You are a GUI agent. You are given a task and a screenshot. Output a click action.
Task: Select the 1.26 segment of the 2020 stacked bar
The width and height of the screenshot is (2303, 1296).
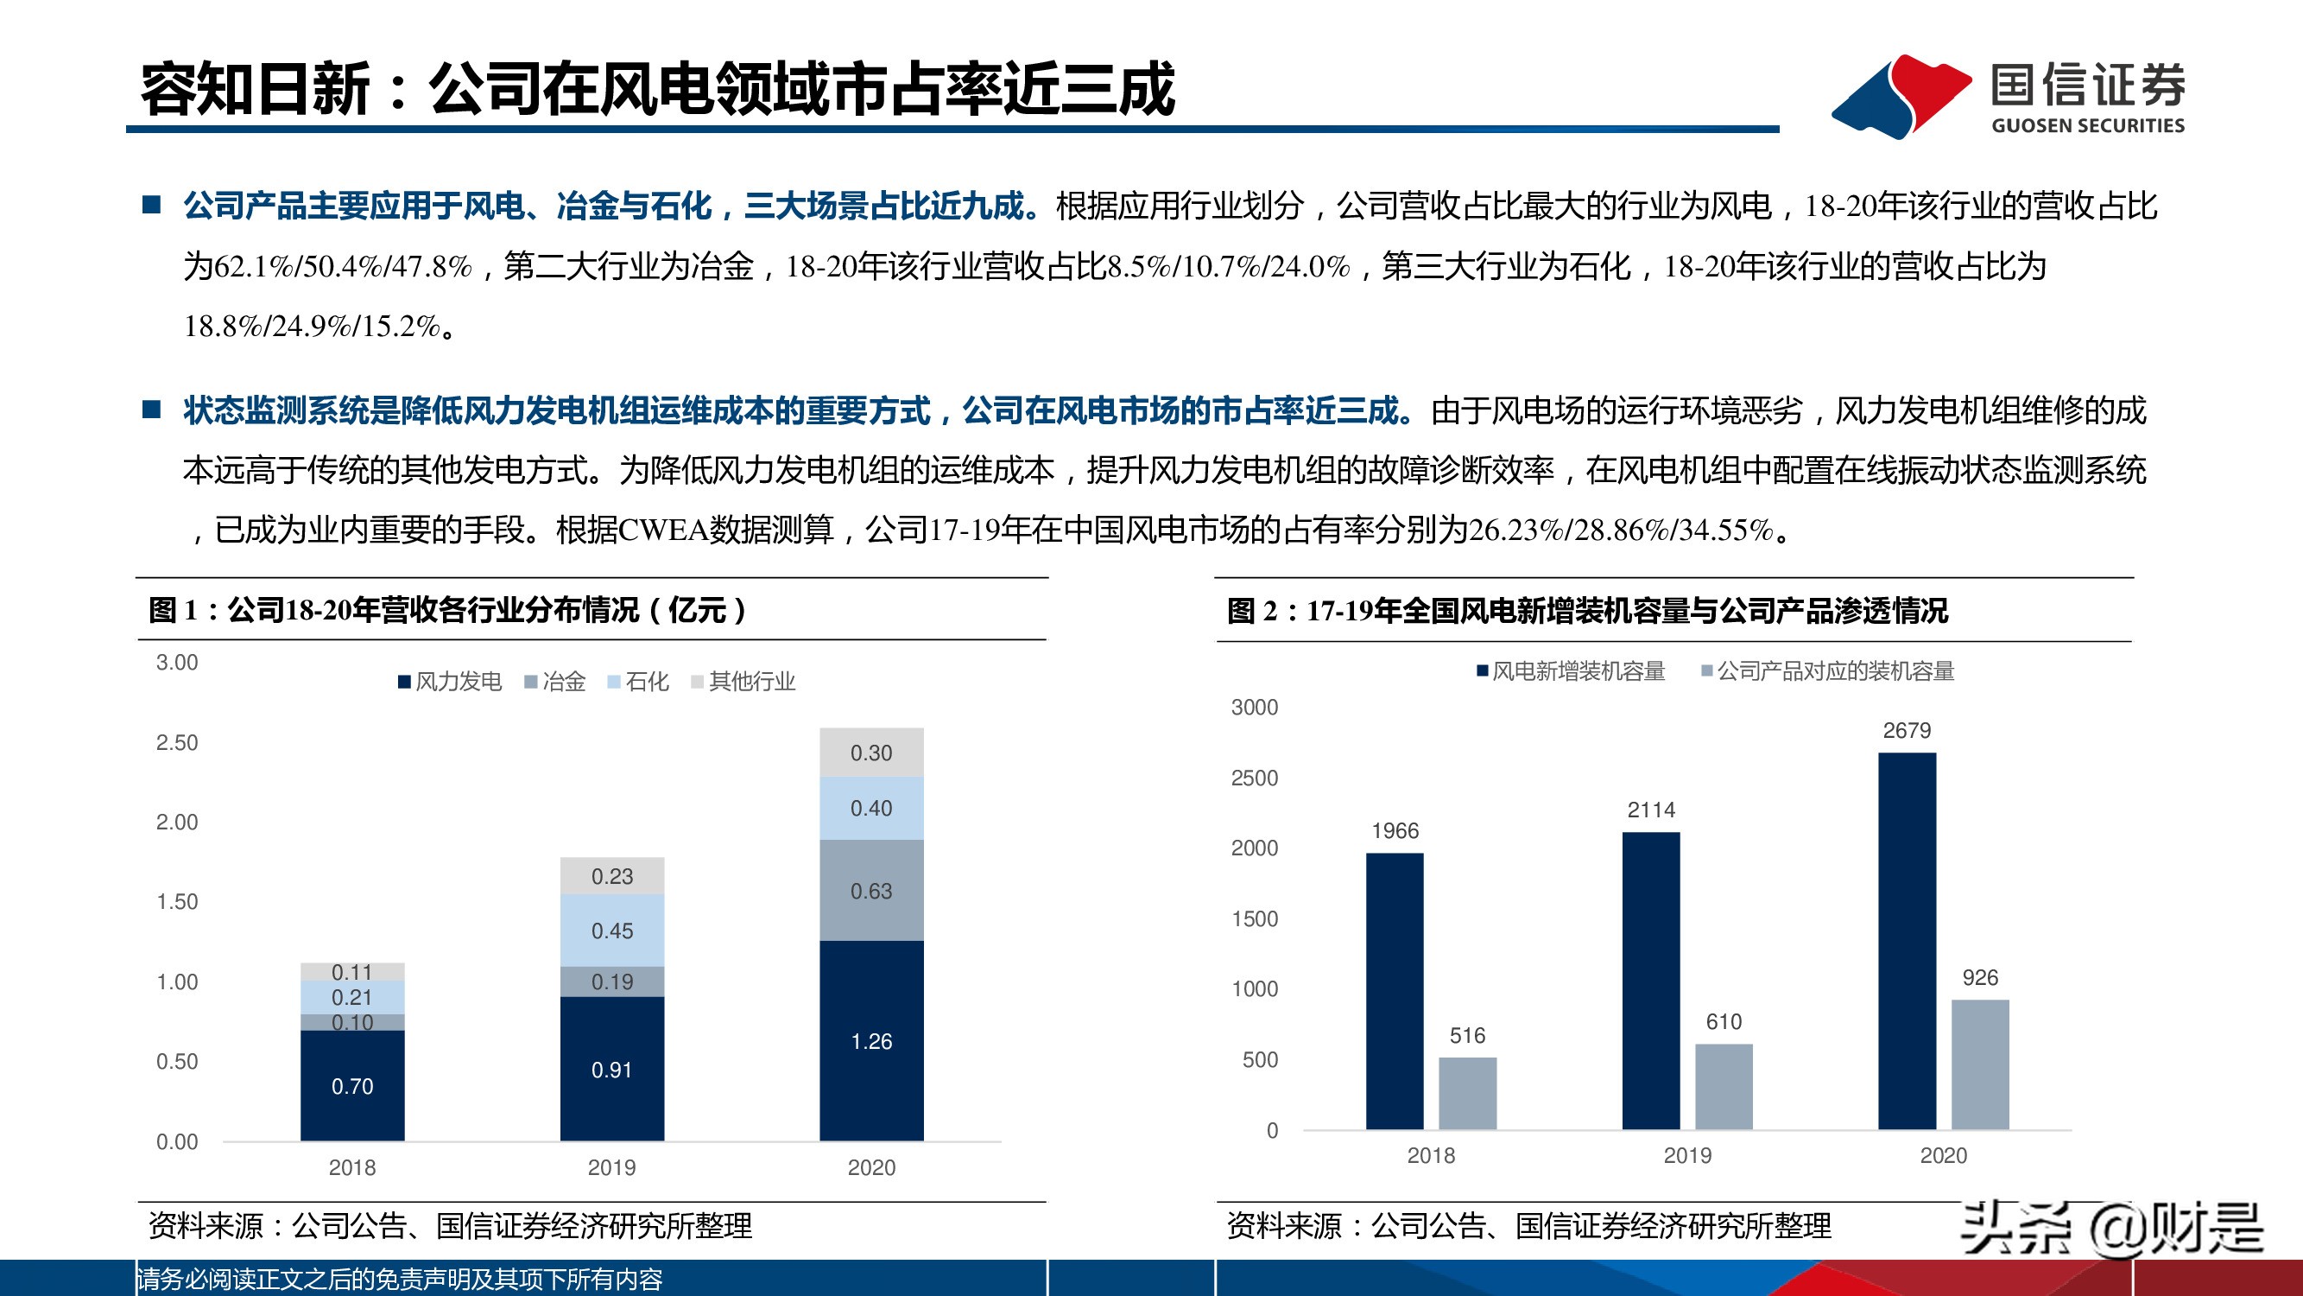tap(870, 1040)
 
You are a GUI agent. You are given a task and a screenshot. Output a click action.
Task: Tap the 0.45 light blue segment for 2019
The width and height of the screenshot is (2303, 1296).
tap(611, 931)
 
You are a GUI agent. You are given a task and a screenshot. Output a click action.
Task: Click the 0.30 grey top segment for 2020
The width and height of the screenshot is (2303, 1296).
tap(870, 753)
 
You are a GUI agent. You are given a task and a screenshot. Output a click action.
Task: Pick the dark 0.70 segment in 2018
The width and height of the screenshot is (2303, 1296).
tap(352, 1085)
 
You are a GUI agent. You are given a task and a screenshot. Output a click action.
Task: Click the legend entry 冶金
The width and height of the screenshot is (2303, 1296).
tap(555, 682)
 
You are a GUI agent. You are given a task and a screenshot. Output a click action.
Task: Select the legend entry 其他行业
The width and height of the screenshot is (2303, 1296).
tap(743, 682)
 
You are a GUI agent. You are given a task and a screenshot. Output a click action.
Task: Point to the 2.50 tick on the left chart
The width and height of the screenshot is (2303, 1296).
tap(177, 742)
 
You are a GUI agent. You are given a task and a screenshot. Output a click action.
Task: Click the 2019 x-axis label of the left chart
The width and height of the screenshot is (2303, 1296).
tap(611, 1167)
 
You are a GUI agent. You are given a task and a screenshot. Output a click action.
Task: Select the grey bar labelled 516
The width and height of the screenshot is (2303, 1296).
tap(1467, 1093)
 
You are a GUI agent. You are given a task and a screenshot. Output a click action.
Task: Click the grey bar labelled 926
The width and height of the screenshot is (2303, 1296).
tap(1979, 1064)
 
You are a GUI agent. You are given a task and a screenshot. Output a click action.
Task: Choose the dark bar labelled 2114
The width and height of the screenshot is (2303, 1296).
tap(1650, 980)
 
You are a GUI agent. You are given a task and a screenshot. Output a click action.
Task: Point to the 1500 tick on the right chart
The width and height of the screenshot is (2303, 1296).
tap(1255, 918)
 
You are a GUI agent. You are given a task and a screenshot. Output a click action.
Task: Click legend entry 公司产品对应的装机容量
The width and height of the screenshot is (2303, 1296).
tap(1828, 670)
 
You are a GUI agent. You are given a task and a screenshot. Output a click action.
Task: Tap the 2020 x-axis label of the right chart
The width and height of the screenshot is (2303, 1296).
tap(1943, 1155)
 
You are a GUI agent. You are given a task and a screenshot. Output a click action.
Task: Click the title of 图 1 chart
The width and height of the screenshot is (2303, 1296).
tap(447, 610)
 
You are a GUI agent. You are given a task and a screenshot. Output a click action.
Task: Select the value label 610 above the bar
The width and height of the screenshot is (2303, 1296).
tap(1723, 1021)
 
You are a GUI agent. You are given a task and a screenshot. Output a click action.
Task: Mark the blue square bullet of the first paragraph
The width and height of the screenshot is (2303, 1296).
tap(152, 205)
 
